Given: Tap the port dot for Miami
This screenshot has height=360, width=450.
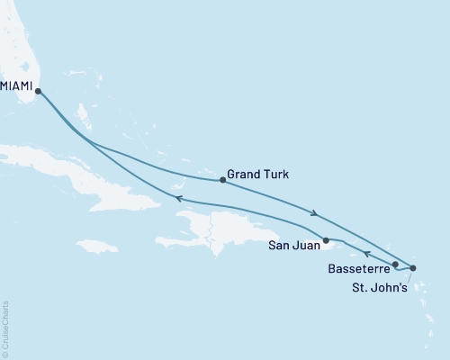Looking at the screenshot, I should tap(38, 91).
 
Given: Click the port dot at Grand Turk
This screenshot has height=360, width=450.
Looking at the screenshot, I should tap(222, 180).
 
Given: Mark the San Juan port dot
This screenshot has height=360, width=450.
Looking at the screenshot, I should tap(326, 240).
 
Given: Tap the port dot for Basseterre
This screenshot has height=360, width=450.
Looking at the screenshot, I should tap(395, 264).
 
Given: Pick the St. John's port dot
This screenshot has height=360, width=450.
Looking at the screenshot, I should tap(413, 268).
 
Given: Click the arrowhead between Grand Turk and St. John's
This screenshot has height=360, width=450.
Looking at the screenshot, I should tap(313, 214).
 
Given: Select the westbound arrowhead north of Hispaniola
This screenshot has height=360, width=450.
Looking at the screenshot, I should tap(178, 199).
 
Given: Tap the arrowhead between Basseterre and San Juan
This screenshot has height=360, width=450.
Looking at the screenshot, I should tap(365, 254).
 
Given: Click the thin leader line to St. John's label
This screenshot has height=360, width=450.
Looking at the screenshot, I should tap(406, 276).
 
